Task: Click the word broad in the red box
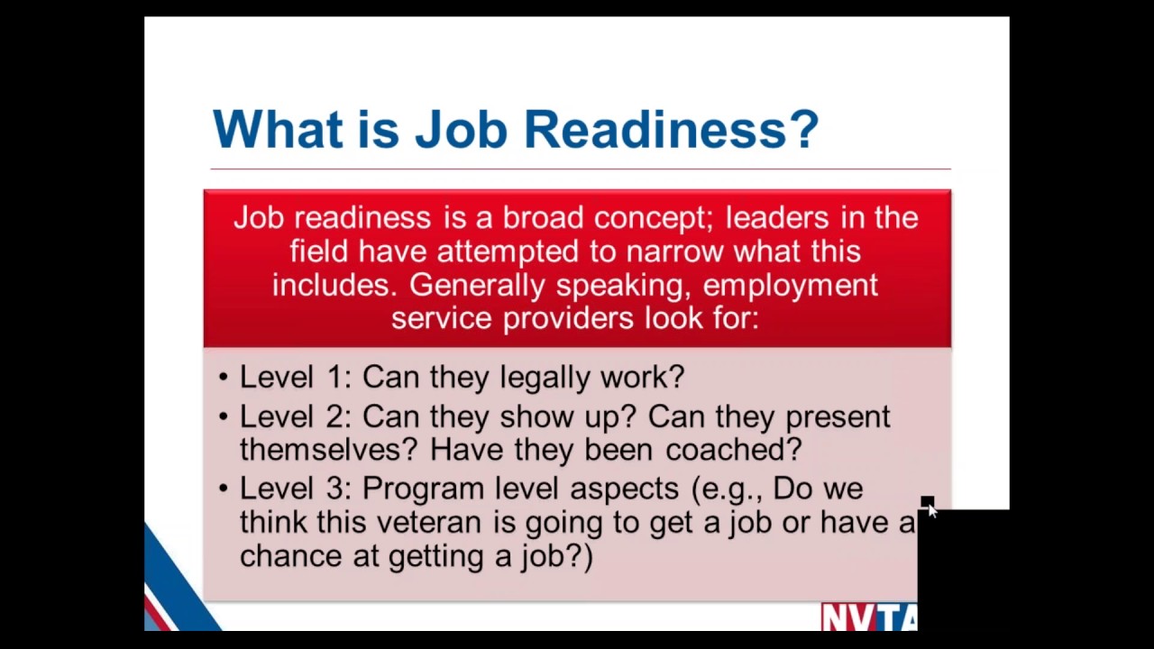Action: (x=544, y=217)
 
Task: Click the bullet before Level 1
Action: (x=224, y=378)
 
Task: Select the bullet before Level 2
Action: (x=224, y=417)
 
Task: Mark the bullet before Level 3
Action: (x=224, y=489)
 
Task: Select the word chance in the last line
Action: (x=291, y=555)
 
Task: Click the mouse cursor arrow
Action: (x=931, y=510)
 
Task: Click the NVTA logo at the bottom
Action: (x=869, y=617)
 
